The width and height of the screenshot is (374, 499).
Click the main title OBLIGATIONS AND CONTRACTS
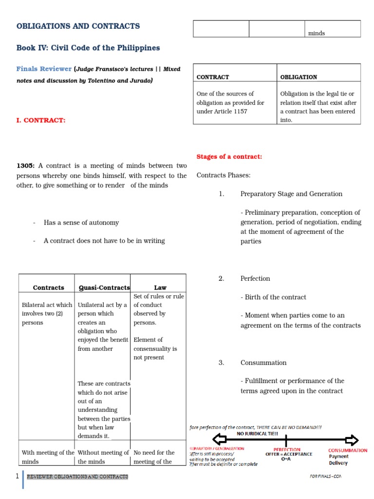78,26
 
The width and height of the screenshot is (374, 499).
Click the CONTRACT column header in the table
213,77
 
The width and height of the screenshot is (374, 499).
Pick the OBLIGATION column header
299,77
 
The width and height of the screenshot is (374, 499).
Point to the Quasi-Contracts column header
104,288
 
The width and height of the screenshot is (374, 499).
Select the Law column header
160,288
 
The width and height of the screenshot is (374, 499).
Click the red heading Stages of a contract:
229,156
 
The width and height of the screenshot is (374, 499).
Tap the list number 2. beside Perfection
221,278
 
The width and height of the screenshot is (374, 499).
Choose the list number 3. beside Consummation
221,363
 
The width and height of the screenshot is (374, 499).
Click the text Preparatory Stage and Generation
291,194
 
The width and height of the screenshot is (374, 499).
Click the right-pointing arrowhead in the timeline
352,438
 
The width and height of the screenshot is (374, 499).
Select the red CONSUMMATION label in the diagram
348,450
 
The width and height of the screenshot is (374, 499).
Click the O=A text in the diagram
286,459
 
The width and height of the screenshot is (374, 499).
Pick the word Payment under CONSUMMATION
339,457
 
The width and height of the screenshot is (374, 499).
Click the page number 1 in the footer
17,476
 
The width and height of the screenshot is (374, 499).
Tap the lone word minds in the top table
317,33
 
